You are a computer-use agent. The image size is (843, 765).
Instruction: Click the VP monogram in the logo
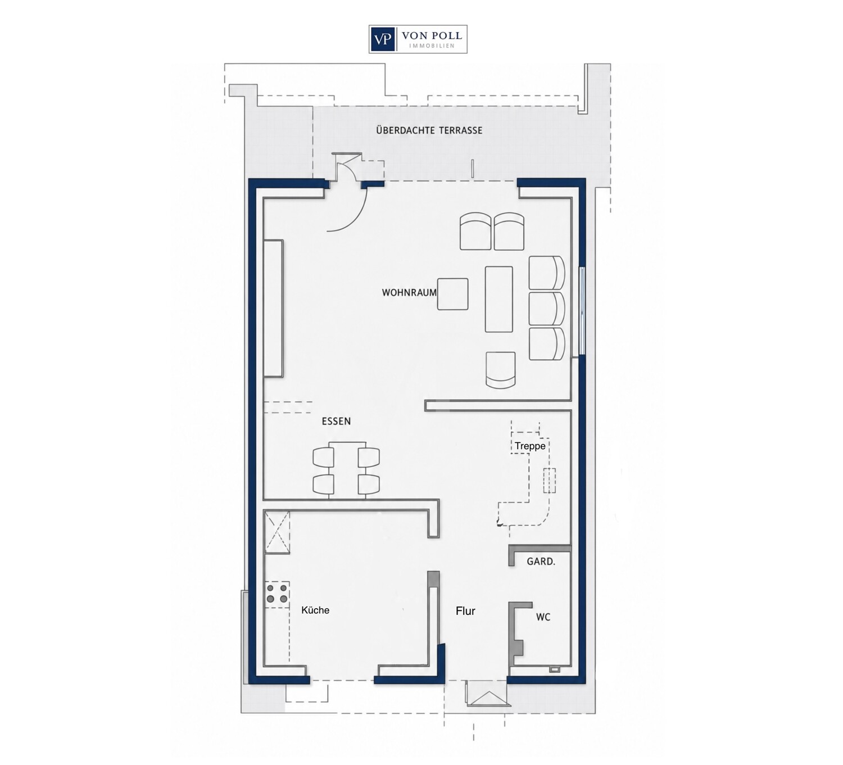coord(382,39)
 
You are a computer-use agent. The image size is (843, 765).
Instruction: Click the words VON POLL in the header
coord(432,36)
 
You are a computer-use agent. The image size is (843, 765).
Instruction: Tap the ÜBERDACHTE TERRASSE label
coord(429,130)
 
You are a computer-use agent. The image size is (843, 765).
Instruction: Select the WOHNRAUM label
coord(409,292)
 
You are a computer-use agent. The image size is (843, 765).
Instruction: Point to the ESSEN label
coord(336,421)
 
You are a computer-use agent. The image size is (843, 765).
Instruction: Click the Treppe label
coord(530,446)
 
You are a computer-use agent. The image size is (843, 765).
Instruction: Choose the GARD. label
coord(541,562)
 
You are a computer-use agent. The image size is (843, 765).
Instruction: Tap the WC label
coord(543,617)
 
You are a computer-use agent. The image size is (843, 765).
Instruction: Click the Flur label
coord(466,611)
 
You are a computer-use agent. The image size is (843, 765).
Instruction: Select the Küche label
coord(315,610)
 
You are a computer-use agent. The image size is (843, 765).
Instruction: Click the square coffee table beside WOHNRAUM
coord(452,294)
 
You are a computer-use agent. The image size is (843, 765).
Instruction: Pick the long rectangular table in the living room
coord(499,299)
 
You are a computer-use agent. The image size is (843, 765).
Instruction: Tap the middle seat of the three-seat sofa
coord(547,309)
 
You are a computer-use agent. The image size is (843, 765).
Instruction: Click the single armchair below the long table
coord(501,370)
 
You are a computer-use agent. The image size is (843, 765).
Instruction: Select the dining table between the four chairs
coord(347,471)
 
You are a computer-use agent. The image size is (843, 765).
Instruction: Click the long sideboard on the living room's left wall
coord(273,308)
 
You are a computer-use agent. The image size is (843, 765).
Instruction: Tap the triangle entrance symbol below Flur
coord(487,699)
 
